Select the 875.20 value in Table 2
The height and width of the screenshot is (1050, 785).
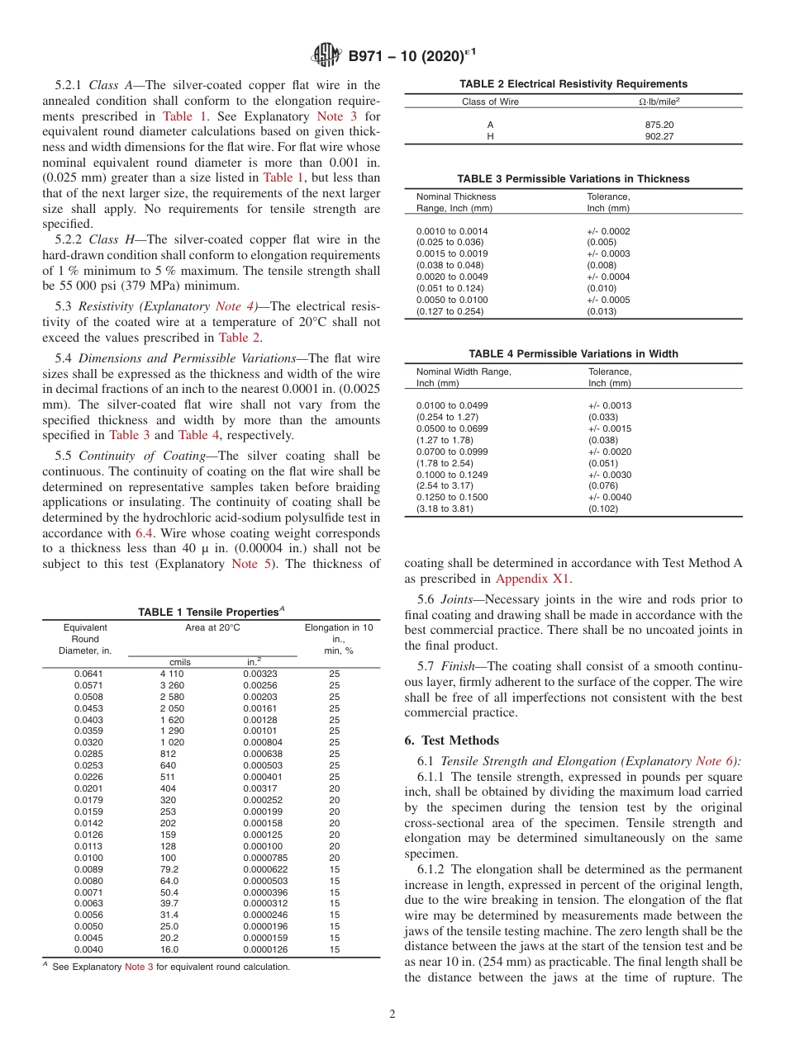coord(659,125)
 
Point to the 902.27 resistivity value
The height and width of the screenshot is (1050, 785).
coord(659,136)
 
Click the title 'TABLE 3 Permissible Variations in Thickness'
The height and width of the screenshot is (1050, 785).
coord(573,179)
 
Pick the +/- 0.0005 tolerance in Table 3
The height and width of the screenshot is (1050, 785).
coord(608,300)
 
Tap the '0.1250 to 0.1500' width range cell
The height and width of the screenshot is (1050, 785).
coord(452,497)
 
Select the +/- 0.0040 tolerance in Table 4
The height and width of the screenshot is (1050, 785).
coord(610,497)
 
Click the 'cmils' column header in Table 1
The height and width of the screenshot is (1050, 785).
coord(180,662)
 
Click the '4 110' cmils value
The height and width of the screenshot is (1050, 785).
coord(172,674)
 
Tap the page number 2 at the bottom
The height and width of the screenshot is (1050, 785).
coord(392,1015)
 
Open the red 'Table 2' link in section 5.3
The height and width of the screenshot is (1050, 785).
coord(239,337)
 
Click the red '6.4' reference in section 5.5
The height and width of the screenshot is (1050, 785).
coord(144,533)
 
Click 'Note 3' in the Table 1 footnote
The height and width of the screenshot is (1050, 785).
coord(139,967)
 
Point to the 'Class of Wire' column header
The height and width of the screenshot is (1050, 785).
coord(490,102)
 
